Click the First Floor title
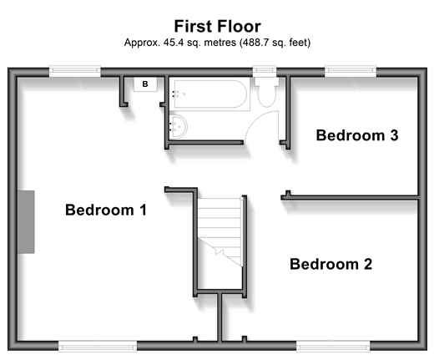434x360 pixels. click(217, 26)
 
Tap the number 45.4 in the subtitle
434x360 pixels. click(174, 43)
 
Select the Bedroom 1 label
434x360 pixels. click(106, 210)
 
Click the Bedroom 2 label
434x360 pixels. click(331, 264)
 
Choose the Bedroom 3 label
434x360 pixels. click(357, 135)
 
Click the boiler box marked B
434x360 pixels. click(145, 84)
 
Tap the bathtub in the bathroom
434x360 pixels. click(209, 94)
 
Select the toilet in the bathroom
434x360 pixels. click(267, 92)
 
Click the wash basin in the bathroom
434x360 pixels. click(178, 127)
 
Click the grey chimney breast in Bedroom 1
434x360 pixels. click(26, 222)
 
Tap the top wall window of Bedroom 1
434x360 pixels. click(75, 71)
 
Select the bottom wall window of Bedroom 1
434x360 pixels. click(98, 346)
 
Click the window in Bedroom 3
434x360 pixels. click(351, 71)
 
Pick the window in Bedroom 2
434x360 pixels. click(333, 346)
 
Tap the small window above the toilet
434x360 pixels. click(265, 71)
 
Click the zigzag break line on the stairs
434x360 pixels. click(220, 253)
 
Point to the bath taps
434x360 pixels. click(175, 94)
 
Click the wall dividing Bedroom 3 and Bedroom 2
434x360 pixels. click(351, 197)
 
